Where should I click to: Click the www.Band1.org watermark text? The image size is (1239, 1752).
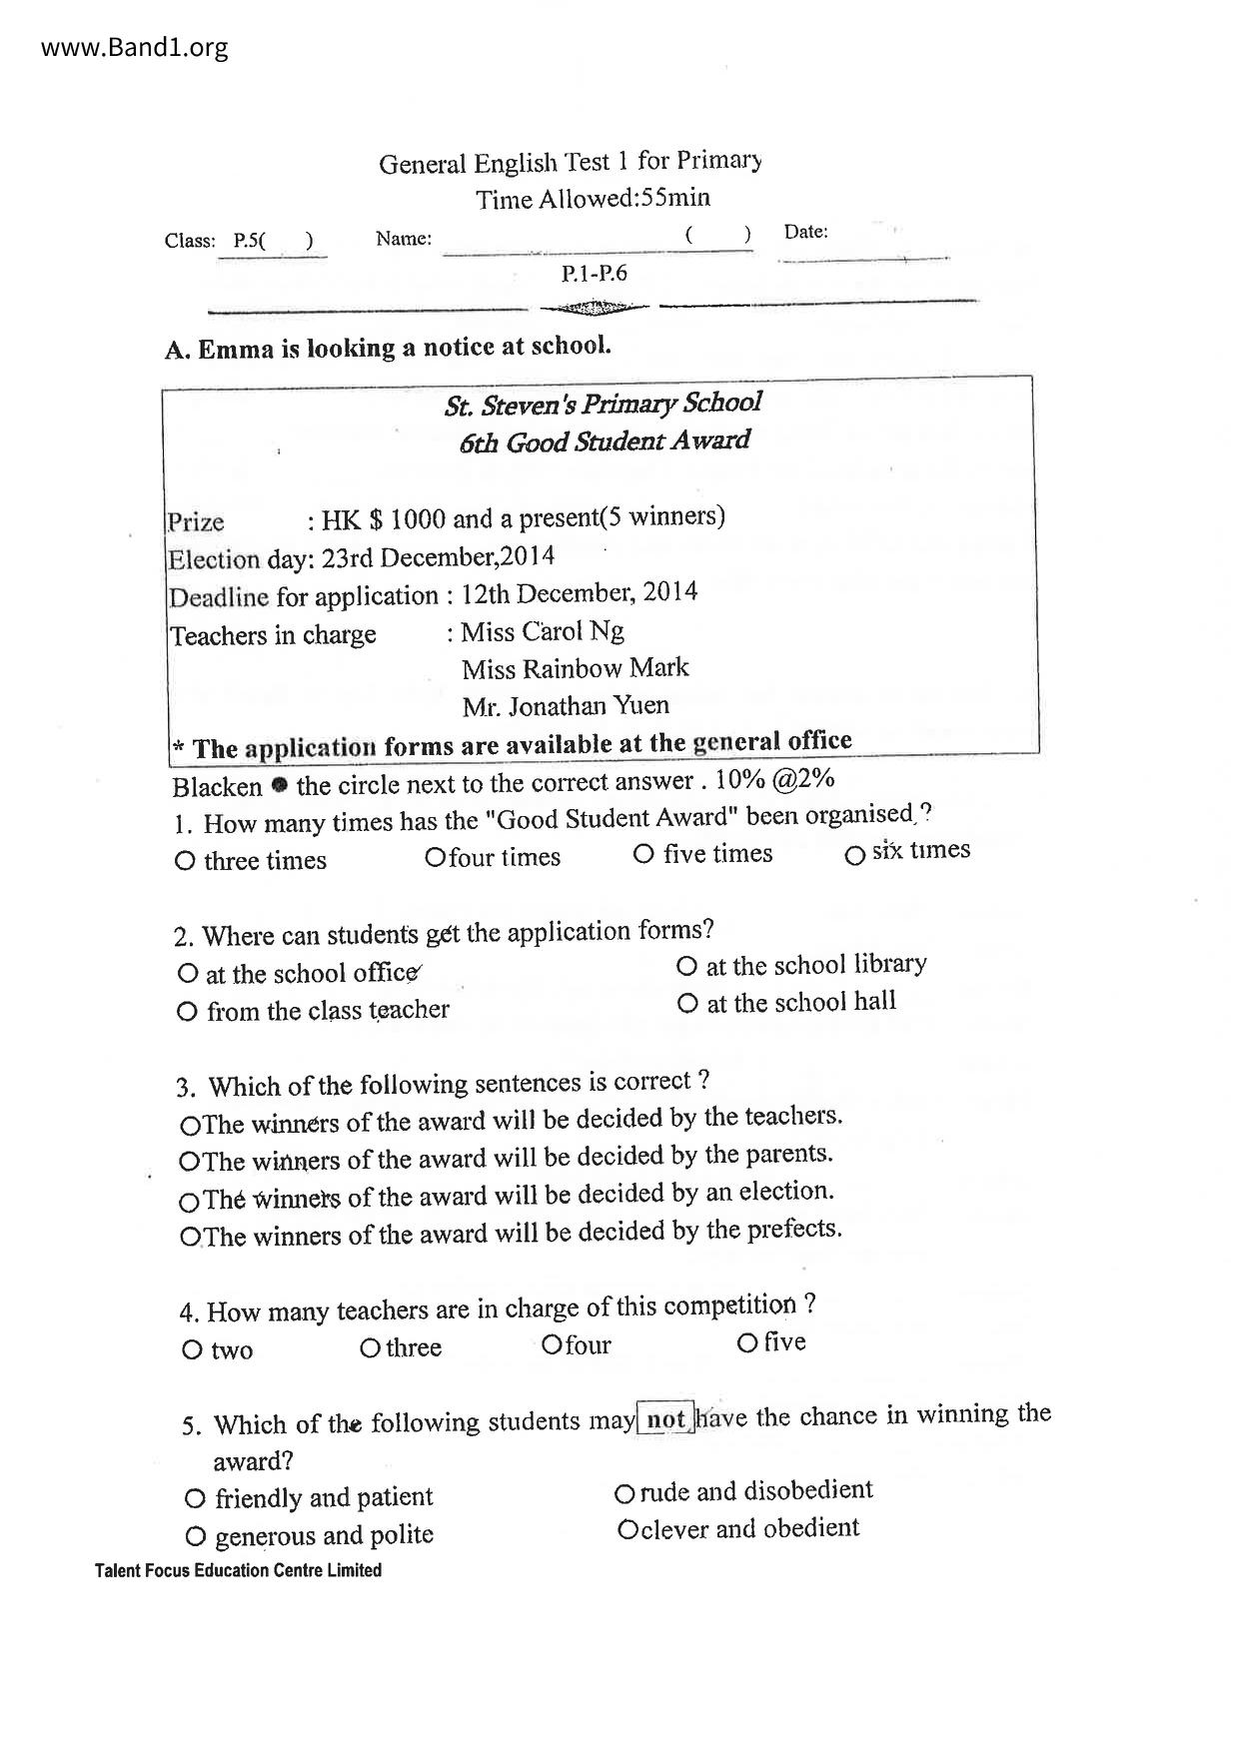pyautogui.click(x=135, y=47)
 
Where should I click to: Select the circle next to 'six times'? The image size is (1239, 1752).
pyautogui.click(x=854, y=856)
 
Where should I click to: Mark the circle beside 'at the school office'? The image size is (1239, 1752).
pyautogui.click(x=187, y=973)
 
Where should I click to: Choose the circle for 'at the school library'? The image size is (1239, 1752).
pyautogui.click(x=686, y=966)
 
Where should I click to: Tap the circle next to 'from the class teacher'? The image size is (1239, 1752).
pyautogui.click(x=187, y=1012)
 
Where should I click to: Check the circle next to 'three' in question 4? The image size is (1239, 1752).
pyautogui.click(x=370, y=1349)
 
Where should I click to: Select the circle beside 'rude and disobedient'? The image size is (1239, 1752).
pyautogui.click(x=624, y=1494)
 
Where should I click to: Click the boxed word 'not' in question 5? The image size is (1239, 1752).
pyautogui.click(x=665, y=1419)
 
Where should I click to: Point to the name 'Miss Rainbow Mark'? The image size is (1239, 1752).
pyautogui.click(x=575, y=668)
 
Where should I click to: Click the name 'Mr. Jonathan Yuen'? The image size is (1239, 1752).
pyautogui.click(x=566, y=706)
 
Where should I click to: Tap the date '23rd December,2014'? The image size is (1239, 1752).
pyautogui.click(x=438, y=556)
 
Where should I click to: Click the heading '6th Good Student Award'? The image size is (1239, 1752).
pyautogui.click(x=605, y=441)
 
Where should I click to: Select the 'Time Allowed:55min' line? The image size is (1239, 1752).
pyautogui.click(x=593, y=199)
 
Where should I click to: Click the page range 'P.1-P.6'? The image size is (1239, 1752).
pyautogui.click(x=595, y=274)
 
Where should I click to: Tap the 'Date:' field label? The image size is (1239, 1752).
pyautogui.click(x=805, y=232)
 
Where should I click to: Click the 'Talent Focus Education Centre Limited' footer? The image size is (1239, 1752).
pyautogui.click(x=238, y=1570)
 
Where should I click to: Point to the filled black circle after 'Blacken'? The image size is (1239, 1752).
pyautogui.click(x=280, y=785)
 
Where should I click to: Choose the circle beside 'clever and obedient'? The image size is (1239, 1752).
pyautogui.click(x=627, y=1530)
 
